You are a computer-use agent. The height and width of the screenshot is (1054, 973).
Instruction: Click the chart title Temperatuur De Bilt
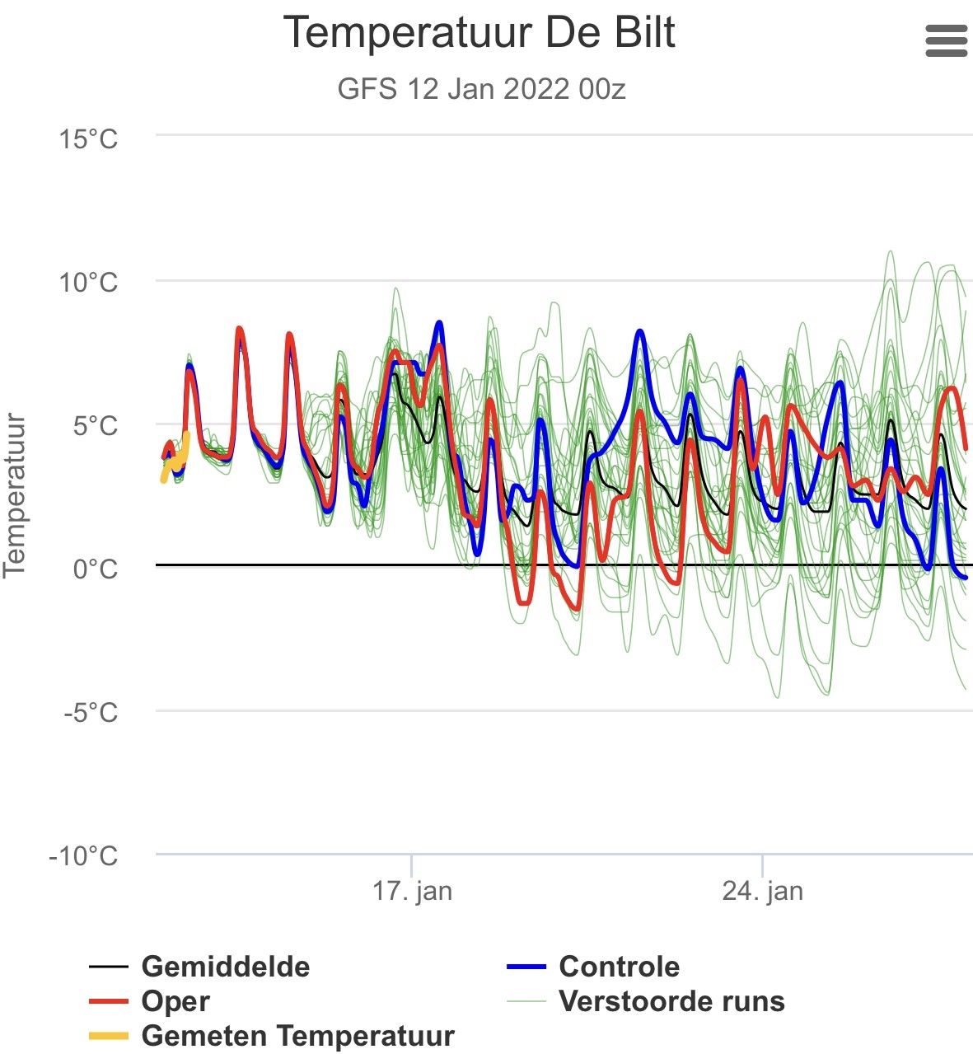479,33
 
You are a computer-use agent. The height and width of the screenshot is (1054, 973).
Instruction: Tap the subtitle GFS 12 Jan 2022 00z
481,89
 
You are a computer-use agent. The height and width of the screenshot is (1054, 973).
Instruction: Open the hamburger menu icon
946,40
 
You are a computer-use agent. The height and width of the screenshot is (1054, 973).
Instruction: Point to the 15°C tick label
88,139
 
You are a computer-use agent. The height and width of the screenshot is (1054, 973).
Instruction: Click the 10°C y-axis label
88,283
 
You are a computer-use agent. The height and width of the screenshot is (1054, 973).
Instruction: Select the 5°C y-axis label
96,425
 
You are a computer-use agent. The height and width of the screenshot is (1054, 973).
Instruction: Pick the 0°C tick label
96,569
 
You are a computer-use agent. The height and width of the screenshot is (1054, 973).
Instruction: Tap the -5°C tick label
91,713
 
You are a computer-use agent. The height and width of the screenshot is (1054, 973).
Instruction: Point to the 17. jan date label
413,891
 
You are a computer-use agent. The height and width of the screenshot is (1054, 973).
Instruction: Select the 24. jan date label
763,891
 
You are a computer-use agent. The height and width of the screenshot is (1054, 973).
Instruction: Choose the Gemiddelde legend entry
199,967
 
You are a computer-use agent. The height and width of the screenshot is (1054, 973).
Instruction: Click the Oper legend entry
150,1002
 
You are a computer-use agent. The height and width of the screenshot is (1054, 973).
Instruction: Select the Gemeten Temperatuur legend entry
272,1035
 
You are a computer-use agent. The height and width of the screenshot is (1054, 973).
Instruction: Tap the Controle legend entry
593,967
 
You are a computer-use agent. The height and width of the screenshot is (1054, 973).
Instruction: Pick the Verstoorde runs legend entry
646,1001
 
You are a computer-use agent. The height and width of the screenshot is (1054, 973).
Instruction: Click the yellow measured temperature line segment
175,457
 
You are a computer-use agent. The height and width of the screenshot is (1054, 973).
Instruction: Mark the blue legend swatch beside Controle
526,967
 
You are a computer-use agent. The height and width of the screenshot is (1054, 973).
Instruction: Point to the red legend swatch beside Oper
109,1002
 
